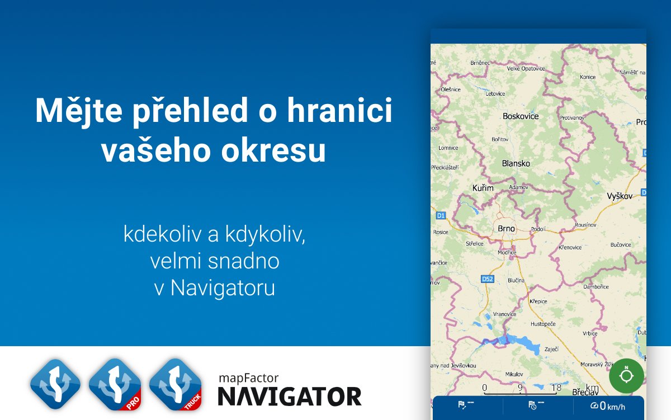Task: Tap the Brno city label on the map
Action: [506, 229]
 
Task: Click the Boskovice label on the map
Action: [521, 116]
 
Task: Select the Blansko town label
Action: [516, 163]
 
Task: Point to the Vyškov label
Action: [620, 196]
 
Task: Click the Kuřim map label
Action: [483, 188]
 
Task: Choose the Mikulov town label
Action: [514, 374]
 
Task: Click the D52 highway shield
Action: [488, 279]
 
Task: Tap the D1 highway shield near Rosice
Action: [441, 215]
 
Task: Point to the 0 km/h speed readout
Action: [608, 407]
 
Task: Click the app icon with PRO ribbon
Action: [115, 384]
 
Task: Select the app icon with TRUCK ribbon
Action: [175, 384]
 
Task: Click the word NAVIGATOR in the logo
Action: [289, 396]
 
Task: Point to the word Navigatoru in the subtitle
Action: [223, 289]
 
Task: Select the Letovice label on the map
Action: [495, 94]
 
